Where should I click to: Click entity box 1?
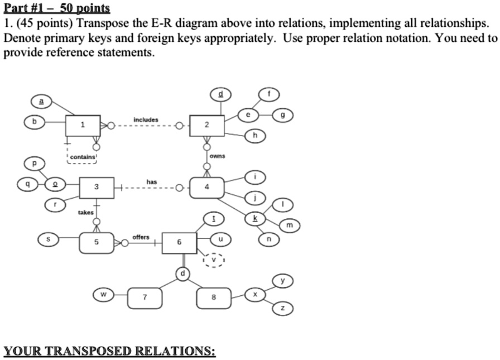pyautogui.click(x=83, y=126)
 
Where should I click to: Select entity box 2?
pyautogui.click(x=206, y=126)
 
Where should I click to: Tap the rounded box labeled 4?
pyautogui.click(x=206, y=188)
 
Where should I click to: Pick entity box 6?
pyautogui.click(x=179, y=243)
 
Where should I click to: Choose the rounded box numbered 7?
pyautogui.click(x=145, y=297)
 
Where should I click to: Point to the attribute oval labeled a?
pyautogui.click(x=41, y=101)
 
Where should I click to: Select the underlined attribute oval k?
pyautogui.click(x=256, y=218)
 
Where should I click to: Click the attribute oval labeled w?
pyautogui.click(x=103, y=294)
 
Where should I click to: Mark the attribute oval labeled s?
pyautogui.click(x=47, y=239)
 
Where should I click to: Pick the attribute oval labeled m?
pyautogui.click(x=289, y=225)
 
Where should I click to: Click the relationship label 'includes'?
pyautogui.click(x=146, y=120)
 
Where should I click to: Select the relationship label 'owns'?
pyautogui.click(x=218, y=156)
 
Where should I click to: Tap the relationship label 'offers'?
pyautogui.click(x=141, y=237)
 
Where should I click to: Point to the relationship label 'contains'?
pyautogui.click(x=83, y=158)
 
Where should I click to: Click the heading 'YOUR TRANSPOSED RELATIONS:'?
pyautogui.click(x=109, y=351)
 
